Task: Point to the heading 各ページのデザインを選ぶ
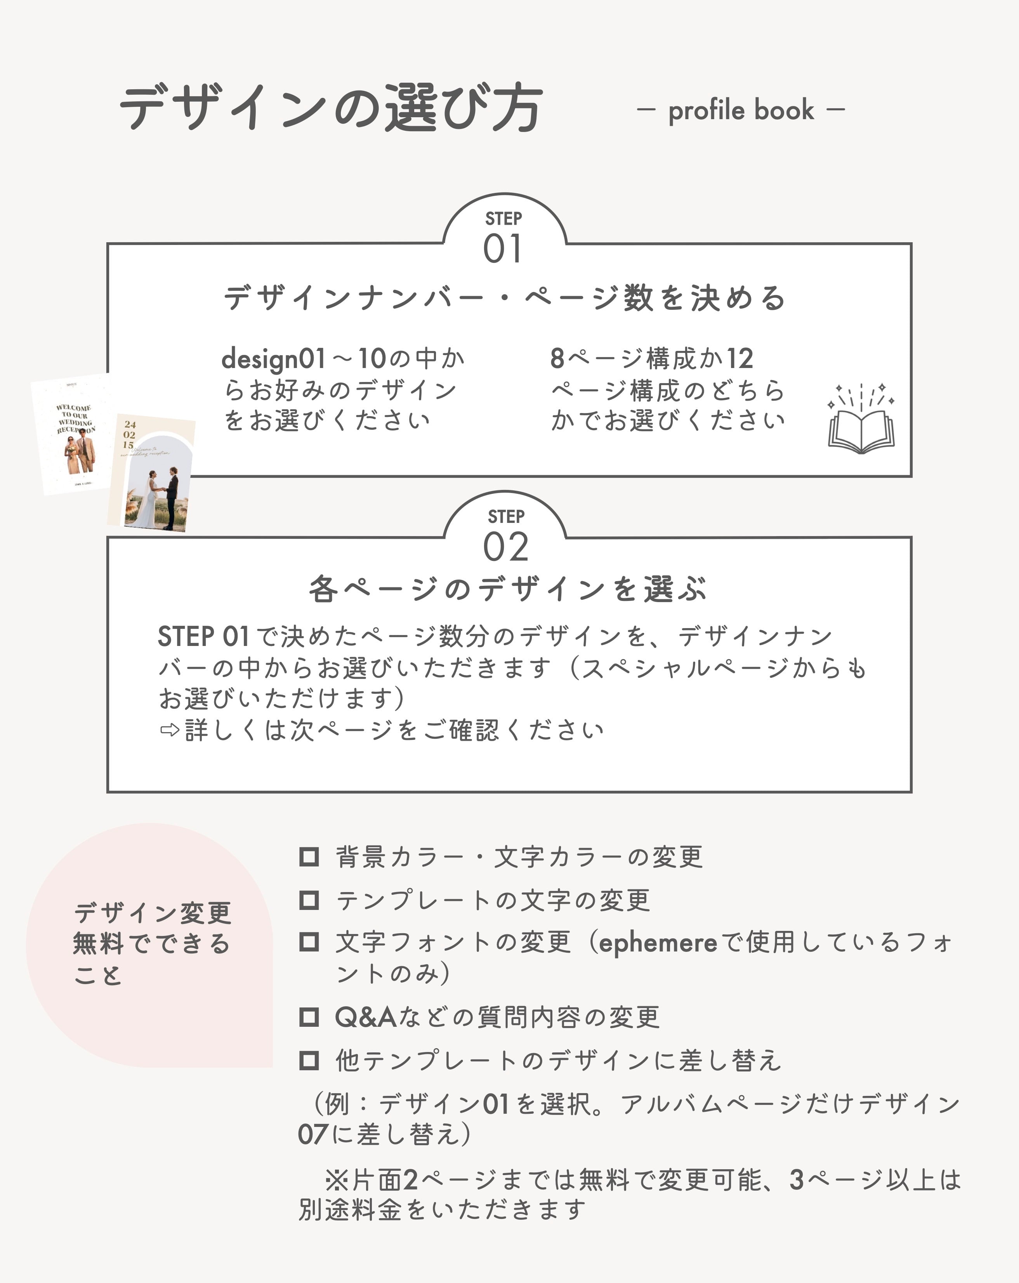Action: coord(508,590)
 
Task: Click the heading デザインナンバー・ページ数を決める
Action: coord(505,297)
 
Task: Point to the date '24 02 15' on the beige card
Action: coord(129,434)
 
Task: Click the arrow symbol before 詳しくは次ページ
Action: coord(170,730)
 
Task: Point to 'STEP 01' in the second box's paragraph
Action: coord(203,637)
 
